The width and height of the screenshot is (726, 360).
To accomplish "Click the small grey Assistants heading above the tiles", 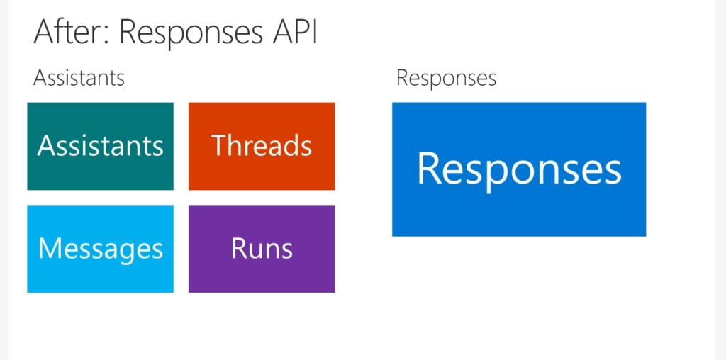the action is tap(79, 78).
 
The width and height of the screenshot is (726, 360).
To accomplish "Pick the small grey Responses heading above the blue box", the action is tap(447, 79).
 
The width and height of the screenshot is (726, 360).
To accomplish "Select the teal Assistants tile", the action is tap(101, 146).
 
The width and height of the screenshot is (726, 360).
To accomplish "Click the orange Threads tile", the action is tap(262, 146).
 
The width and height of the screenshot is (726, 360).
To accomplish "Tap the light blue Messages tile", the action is tap(101, 249).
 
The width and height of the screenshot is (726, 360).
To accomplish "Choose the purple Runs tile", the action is tap(262, 249).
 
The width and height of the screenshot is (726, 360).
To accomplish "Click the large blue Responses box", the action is tap(519, 169).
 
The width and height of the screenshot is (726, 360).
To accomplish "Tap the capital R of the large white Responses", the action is tap(429, 168).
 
